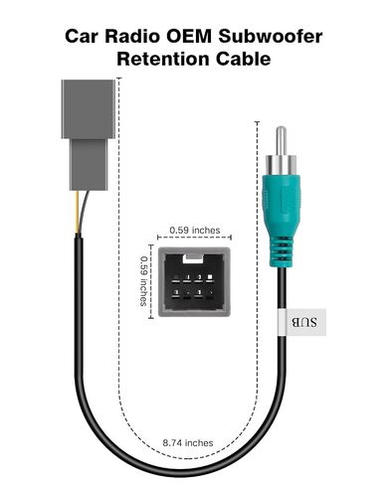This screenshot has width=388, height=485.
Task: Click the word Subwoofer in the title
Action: (271, 36)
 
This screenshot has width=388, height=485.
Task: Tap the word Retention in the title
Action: (163, 59)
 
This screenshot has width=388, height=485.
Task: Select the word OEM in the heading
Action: (190, 36)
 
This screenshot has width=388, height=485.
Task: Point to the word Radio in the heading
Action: (132, 36)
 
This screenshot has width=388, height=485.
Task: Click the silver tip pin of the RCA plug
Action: (281, 141)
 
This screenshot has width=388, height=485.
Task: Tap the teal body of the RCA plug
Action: (282, 206)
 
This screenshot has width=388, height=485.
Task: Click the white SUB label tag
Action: (301, 322)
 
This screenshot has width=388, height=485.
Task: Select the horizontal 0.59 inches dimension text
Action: (195, 230)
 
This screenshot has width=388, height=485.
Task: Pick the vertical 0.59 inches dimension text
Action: (143, 281)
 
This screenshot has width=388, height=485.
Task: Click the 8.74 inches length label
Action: (188, 442)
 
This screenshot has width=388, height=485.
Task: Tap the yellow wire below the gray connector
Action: (78, 212)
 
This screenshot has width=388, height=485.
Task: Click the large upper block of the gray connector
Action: (89, 108)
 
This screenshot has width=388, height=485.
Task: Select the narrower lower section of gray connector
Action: (89, 164)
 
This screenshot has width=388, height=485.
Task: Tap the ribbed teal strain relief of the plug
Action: (282, 251)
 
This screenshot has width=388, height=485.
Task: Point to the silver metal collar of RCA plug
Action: (281, 166)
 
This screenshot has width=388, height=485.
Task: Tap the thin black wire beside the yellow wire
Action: (84, 212)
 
